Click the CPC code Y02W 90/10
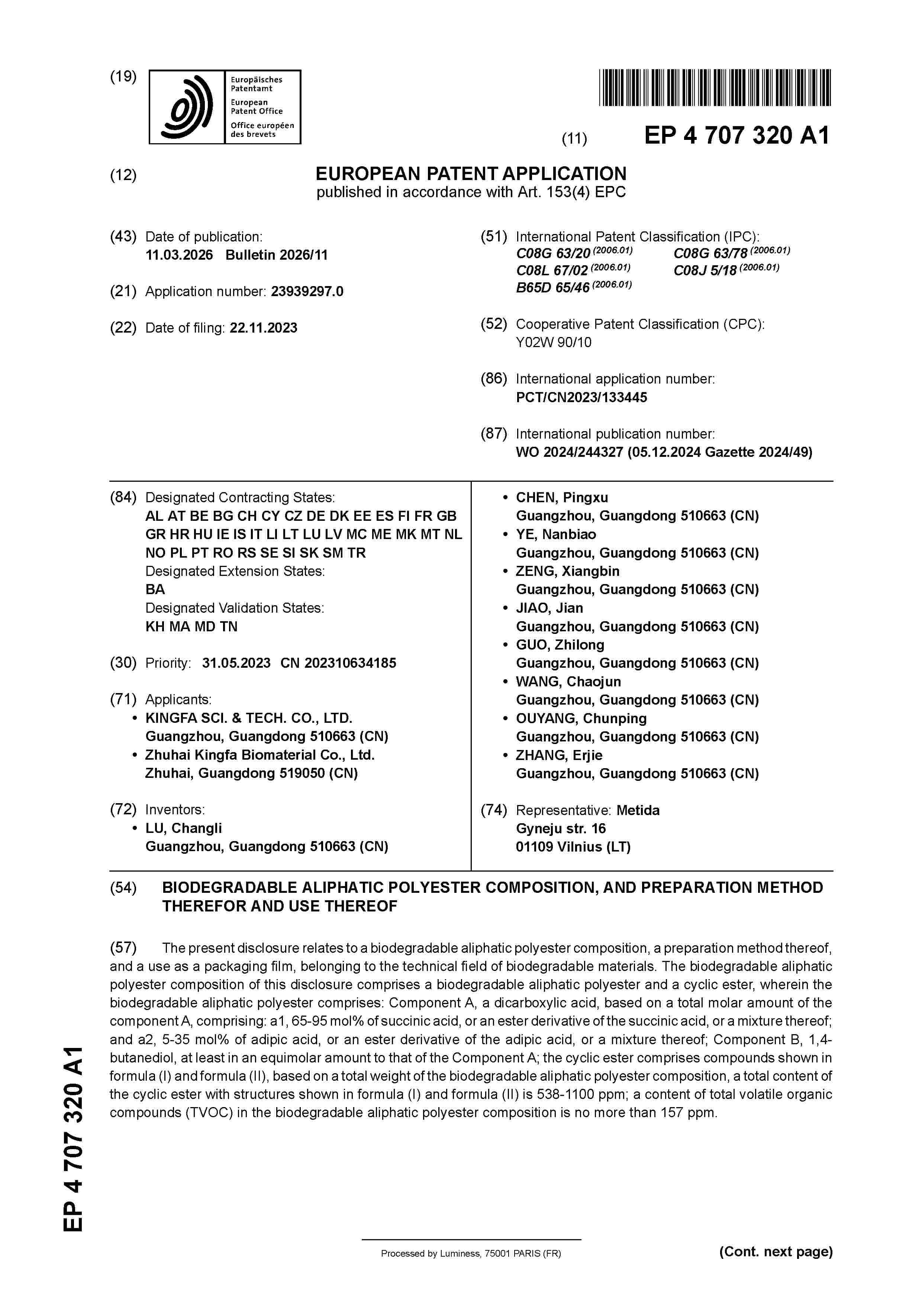pos(553,342)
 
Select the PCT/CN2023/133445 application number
pos(581,397)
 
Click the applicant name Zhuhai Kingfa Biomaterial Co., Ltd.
pos(259,755)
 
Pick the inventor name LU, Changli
pos(184,828)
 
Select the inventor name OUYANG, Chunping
pos(581,718)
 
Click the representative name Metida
pos(638,810)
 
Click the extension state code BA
pos(155,589)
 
